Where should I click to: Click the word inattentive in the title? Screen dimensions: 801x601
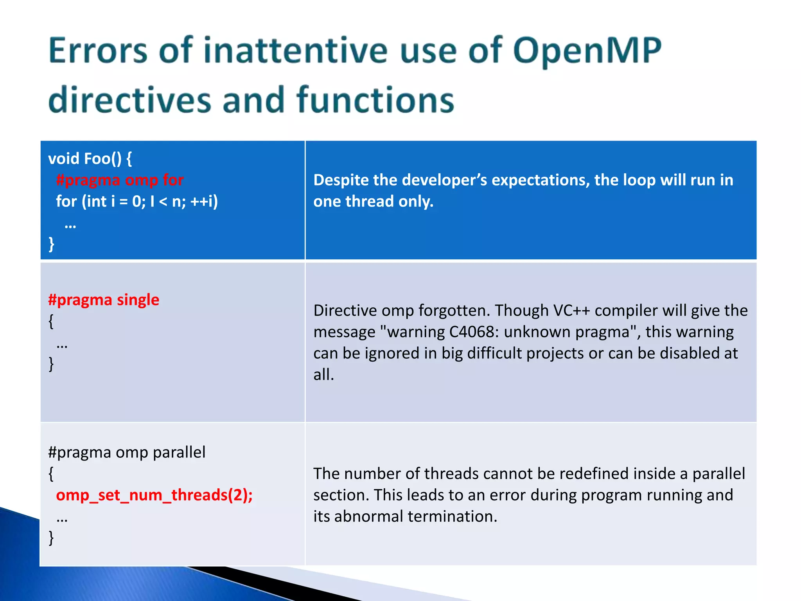click(x=295, y=51)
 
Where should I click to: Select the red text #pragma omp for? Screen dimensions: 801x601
click(x=120, y=180)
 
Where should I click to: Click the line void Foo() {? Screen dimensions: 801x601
click(x=90, y=159)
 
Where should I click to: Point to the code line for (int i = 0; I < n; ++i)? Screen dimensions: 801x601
click(x=137, y=202)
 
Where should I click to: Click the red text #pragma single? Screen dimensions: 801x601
click(x=104, y=300)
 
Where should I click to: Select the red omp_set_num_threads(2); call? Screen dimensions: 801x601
click(x=154, y=495)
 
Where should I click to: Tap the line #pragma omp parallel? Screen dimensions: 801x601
click(x=127, y=453)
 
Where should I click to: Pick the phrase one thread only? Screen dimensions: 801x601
click(x=373, y=202)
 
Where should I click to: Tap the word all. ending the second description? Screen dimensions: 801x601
click(x=323, y=375)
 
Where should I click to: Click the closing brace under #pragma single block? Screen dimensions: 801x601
click(x=51, y=364)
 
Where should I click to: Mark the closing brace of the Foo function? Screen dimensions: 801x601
click(x=51, y=244)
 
